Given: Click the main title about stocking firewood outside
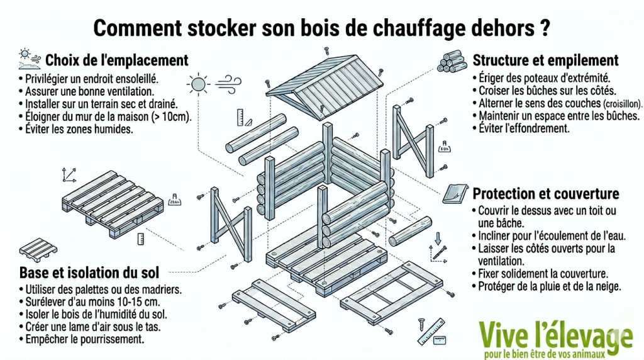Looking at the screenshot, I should click(321, 28).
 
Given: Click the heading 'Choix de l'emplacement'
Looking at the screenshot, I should click(116, 60).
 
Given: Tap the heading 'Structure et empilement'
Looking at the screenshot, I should click(545, 60).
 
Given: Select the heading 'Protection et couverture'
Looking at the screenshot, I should click(545, 193).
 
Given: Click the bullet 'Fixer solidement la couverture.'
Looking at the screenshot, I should click(541, 274).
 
